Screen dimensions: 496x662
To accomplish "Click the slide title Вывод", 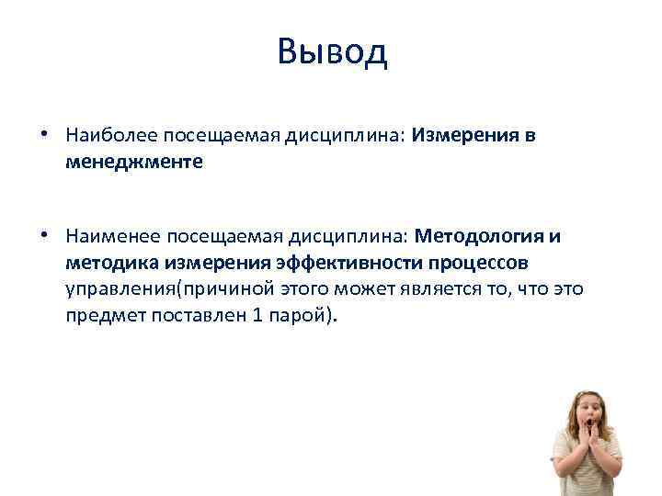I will click(x=332, y=52).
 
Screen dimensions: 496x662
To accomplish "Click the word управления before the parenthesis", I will click(x=120, y=289).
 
